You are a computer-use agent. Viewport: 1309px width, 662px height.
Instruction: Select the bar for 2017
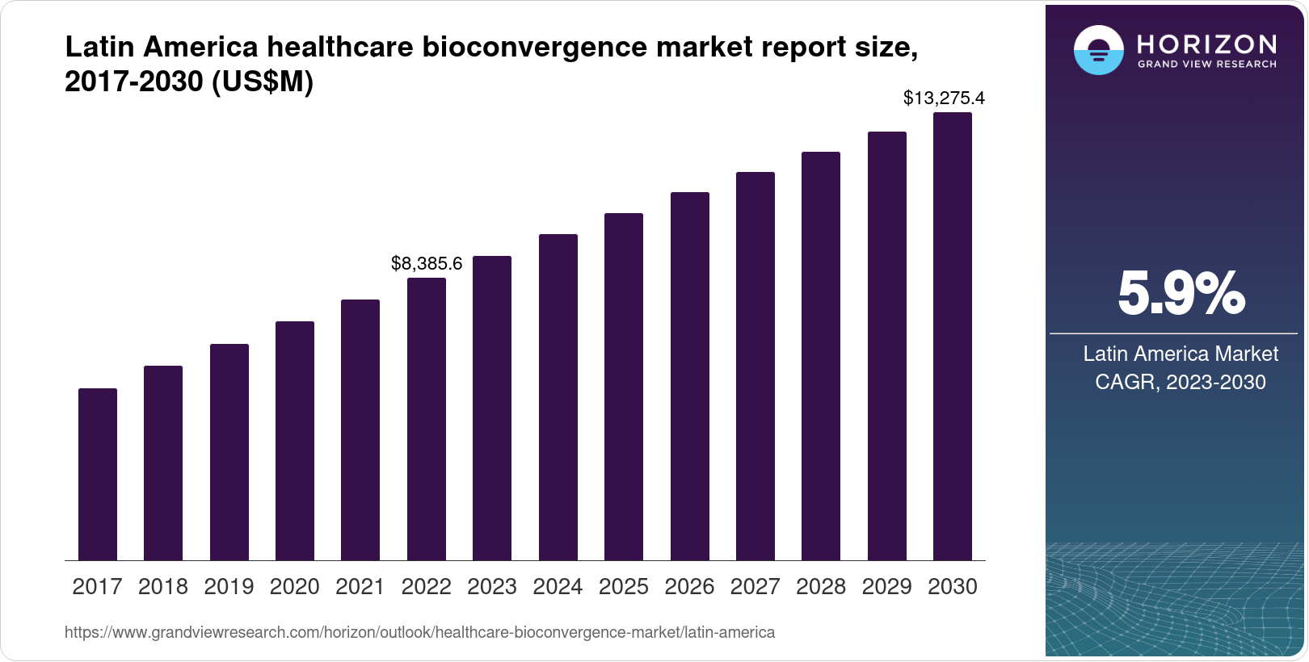pos(98,475)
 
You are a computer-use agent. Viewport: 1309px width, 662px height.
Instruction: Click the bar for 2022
pos(427,419)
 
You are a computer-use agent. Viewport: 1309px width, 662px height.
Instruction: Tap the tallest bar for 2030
pos(953,337)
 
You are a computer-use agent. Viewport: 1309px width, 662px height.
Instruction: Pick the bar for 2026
pos(690,376)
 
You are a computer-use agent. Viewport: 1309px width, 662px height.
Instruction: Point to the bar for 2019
pos(229,452)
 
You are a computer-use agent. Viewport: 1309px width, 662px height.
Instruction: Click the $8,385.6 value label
pos(427,263)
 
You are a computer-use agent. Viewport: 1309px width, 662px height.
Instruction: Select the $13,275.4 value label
pos(944,98)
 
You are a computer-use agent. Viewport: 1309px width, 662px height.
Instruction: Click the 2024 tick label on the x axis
pos(558,587)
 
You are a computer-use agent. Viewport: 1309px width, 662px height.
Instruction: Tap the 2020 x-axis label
pos(295,587)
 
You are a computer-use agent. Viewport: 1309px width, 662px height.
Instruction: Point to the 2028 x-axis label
pos(821,587)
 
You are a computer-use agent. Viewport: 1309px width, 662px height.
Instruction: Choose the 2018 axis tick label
pos(163,587)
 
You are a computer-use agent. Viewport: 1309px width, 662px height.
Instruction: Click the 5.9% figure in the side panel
pos(1181,295)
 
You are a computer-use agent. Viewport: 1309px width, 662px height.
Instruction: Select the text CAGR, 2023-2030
pos(1181,382)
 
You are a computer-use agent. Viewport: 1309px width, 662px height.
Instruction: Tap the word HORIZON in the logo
pos(1206,44)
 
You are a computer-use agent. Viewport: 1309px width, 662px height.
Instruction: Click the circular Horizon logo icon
pos(1098,50)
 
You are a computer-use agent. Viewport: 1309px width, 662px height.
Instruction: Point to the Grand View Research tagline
pos(1206,64)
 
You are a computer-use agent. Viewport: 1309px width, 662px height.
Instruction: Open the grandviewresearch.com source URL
pos(419,632)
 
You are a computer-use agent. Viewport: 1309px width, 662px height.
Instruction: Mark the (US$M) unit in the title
pos(262,82)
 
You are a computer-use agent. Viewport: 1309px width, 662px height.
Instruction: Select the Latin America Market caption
pos(1181,354)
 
